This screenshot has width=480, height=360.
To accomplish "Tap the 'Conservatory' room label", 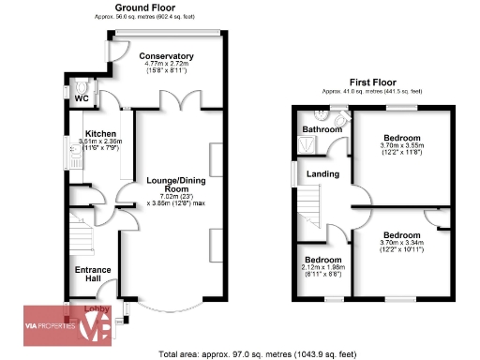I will coord(168,56).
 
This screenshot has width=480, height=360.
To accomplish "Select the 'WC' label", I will coord(81,97).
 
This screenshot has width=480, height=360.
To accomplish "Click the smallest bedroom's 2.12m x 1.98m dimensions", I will coord(322,269).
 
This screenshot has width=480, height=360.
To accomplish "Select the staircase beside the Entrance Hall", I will coord(83,234).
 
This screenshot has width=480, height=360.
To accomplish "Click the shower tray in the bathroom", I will coord(306,144).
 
